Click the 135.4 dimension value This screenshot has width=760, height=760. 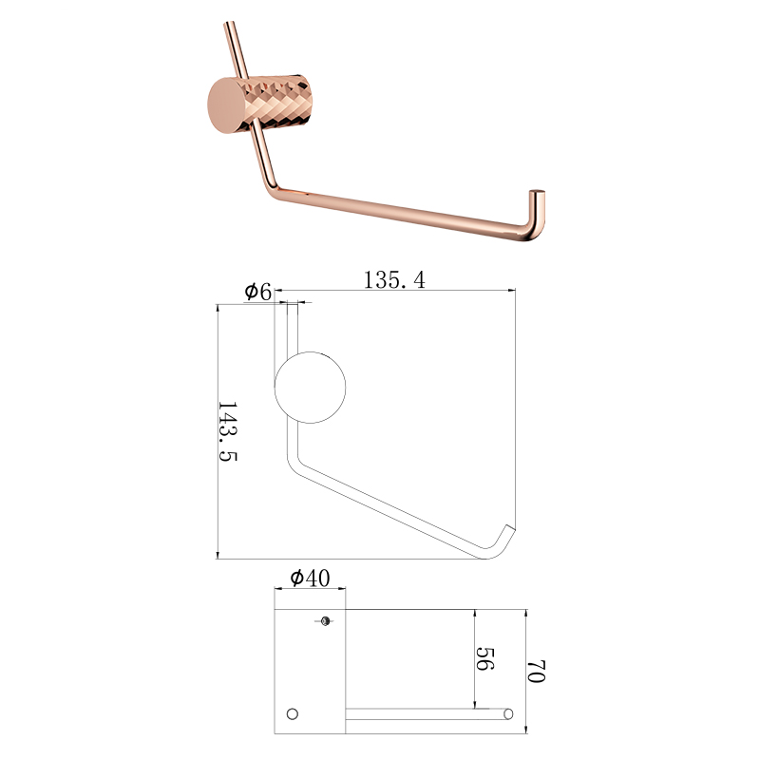pyautogui.click(x=394, y=280)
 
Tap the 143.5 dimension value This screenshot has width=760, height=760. pyautogui.click(x=227, y=431)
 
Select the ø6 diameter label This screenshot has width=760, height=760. pyautogui.click(x=257, y=292)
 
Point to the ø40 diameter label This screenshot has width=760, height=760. pyautogui.click(x=311, y=578)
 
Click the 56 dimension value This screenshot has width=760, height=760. pyautogui.click(x=484, y=658)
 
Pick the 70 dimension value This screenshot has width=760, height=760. pyautogui.click(x=536, y=671)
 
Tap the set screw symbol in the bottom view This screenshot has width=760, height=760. pyautogui.click(x=325, y=621)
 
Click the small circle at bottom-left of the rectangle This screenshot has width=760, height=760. pyautogui.click(x=293, y=714)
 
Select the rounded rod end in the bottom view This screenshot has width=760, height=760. pyautogui.click(x=508, y=714)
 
